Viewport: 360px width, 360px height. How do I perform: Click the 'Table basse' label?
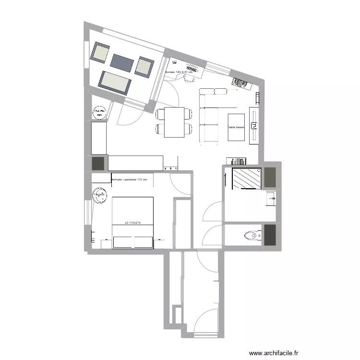(236, 128)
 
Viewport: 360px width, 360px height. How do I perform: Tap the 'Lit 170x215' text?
(132, 222)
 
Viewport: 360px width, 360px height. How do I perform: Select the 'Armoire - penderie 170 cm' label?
(129, 180)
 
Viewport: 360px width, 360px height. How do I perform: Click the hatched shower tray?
(247, 179)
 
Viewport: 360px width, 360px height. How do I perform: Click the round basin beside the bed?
(100, 195)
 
